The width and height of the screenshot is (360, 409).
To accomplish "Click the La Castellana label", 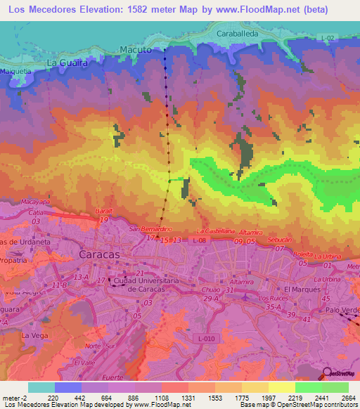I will pyautogui.click(x=214, y=231).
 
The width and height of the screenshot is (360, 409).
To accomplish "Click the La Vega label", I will pyautogui.click(x=33, y=336).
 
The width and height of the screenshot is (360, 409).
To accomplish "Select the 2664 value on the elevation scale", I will pyautogui.click(x=349, y=397).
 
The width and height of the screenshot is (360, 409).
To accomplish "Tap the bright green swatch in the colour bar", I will pyautogui.click(x=308, y=387).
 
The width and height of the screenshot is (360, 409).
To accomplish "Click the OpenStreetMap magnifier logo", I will pyautogui.click(x=328, y=372).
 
